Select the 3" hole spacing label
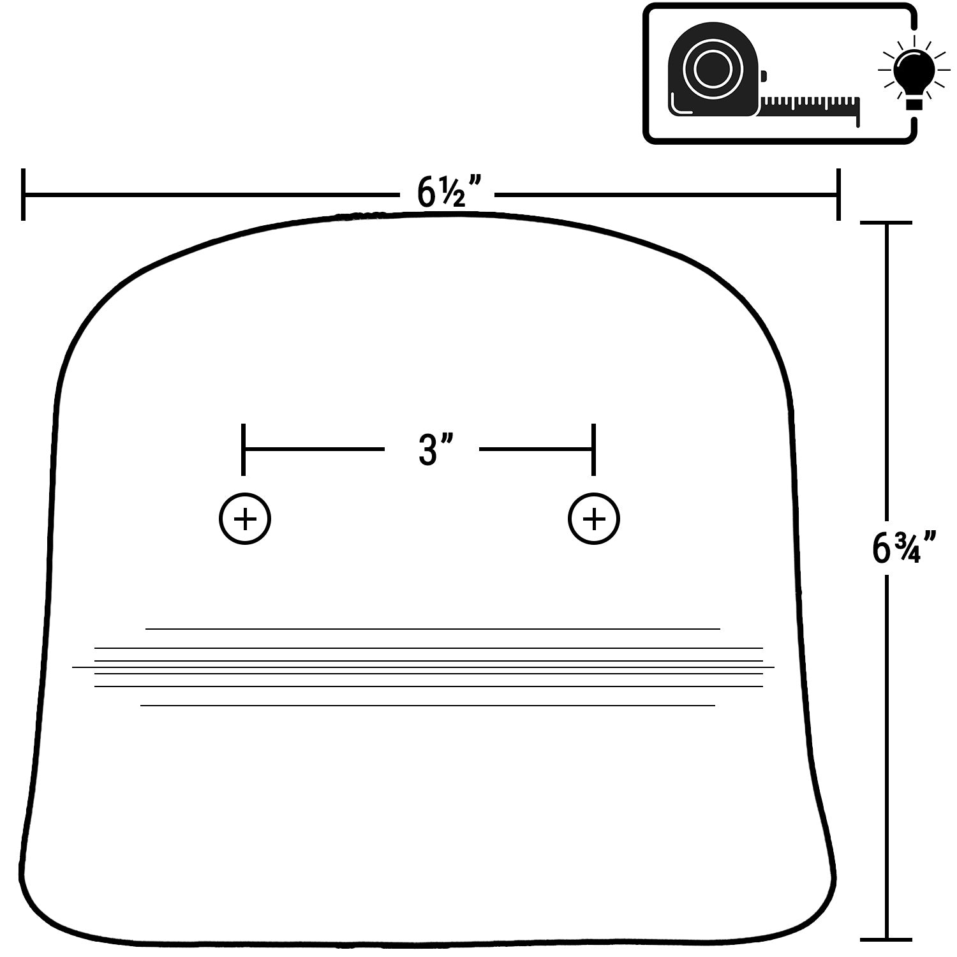[436, 449]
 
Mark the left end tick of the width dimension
[23, 195]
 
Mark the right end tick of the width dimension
[838, 195]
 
